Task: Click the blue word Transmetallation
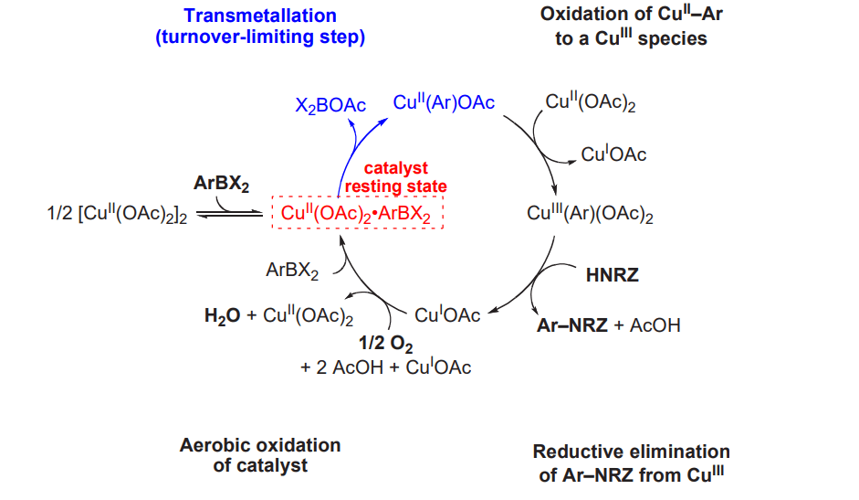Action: [259, 16]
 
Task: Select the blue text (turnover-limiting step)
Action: [260, 37]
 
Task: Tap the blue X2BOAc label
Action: [330, 105]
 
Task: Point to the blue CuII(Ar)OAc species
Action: [444, 102]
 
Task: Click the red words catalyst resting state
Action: [395, 176]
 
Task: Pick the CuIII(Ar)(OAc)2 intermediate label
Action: [590, 214]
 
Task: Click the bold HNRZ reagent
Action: [612, 274]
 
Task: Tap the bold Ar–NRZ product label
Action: [572, 324]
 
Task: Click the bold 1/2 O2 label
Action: [385, 344]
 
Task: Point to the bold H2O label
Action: [222, 315]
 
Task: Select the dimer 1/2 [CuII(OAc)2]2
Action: [117, 214]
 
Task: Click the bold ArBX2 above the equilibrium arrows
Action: [221, 183]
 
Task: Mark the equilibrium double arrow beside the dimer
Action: [230, 214]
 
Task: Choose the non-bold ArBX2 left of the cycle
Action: [292, 270]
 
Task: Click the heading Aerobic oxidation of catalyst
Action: [260, 455]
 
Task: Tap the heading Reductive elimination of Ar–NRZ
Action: [631, 463]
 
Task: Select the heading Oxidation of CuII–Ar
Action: [631, 26]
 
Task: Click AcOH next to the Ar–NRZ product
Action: [655, 324]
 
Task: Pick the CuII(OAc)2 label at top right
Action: [591, 102]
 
